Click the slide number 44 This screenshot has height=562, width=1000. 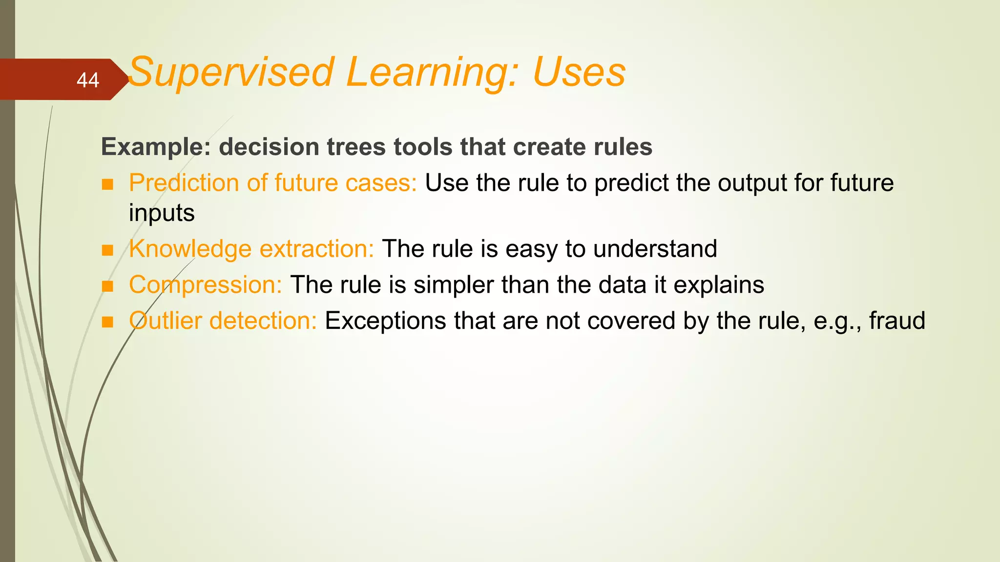coord(88,80)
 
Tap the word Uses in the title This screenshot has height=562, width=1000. coord(579,72)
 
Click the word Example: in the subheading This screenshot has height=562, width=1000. coord(156,147)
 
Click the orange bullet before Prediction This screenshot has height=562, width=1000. coord(107,184)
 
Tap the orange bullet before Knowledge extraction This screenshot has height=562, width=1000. coord(107,250)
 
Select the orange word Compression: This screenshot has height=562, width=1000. coord(205,285)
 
